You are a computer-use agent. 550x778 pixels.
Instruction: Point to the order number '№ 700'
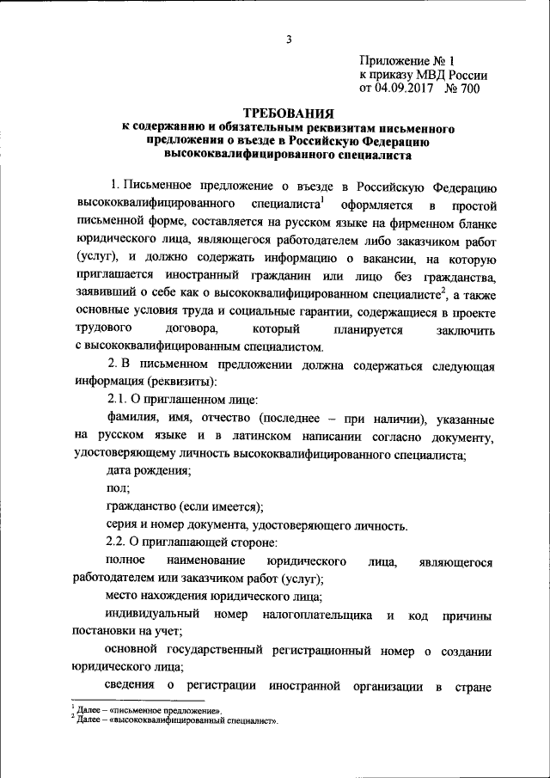pos(461,88)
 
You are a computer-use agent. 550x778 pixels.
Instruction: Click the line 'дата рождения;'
pos(149,471)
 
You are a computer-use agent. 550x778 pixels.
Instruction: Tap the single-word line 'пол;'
pos(118,488)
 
